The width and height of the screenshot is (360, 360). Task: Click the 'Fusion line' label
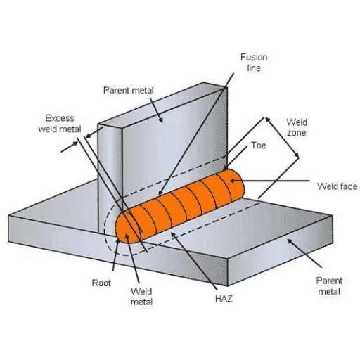(254, 63)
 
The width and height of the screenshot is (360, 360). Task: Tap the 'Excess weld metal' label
(60, 124)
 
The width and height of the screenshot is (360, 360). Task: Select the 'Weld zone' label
(297, 127)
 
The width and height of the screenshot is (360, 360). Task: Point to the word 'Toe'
(259, 146)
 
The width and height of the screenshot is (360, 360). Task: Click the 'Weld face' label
(337, 186)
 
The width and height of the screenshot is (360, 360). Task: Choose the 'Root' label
(101, 283)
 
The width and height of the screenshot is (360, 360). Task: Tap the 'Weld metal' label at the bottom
(141, 297)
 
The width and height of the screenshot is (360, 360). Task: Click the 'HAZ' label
(224, 299)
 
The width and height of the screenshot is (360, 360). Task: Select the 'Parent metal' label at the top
(129, 90)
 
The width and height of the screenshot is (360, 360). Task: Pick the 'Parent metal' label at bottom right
(329, 286)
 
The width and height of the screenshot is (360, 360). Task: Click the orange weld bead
(180, 206)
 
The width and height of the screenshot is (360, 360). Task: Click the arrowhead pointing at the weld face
(232, 181)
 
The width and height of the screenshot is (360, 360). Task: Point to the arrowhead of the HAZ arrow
(174, 235)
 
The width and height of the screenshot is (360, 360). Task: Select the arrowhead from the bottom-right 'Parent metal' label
(290, 241)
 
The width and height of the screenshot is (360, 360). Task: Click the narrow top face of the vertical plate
(162, 103)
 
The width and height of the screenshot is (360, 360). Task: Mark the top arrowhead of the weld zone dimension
(268, 120)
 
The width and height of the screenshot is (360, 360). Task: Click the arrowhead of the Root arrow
(117, 242)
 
